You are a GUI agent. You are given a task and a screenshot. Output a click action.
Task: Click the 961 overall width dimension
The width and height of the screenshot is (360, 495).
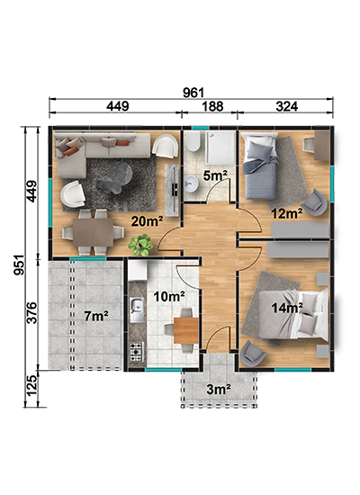pos(193,93)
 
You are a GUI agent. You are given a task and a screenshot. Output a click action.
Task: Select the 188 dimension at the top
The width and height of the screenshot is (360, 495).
pos(212,106)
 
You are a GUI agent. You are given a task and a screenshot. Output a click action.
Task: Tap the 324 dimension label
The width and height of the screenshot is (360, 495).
pos(287,106)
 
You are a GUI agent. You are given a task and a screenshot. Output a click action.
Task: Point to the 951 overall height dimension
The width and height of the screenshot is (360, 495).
pos(19,265)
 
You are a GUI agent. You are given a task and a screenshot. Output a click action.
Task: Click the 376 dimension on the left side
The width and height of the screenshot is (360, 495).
pos(31,313)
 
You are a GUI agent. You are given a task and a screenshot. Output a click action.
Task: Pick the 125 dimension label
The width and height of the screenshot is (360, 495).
pos(31,385)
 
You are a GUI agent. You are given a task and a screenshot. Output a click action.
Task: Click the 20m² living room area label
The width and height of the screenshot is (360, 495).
pos(148,221)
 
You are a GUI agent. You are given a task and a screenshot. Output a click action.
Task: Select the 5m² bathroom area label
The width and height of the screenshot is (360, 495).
pos(215,175)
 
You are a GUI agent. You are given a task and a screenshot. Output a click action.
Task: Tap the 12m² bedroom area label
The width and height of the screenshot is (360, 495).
pos(287,213)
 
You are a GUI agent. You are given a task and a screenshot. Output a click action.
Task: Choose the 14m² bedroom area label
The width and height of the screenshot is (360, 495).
pos(287,308)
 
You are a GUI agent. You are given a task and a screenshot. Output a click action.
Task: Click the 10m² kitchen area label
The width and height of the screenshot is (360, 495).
pos(169,296)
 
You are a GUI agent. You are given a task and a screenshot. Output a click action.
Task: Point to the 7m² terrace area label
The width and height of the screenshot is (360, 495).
pos(96,316)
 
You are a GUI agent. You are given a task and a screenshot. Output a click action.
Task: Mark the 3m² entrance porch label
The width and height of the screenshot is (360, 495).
pos(219,389)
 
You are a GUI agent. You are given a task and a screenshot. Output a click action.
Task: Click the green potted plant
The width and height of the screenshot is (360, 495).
pos(140,245)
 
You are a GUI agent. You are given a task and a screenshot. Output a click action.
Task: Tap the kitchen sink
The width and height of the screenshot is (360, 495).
pos(137,310)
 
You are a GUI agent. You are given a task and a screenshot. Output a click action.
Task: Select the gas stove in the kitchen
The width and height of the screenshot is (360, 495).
pos(137,352)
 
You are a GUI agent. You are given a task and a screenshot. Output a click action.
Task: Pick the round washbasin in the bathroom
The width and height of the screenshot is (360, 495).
pos(192,184)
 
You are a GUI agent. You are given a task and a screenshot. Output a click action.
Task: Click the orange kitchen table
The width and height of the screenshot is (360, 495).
pos(186,330)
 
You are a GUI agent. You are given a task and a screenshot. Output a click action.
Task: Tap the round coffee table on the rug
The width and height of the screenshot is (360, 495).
pos(115,177)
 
